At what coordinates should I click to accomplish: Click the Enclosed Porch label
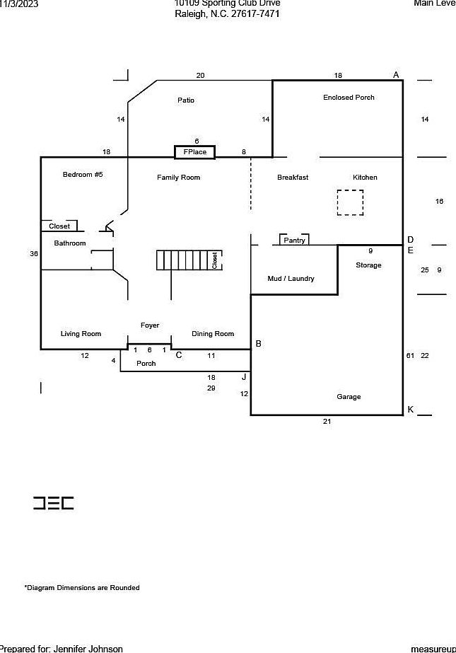pyautogui.click(x=349, y=98)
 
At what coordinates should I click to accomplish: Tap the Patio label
pyautogui.click(x=186, y=100)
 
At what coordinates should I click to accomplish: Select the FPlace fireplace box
pyautogui.click(x=194, y=152)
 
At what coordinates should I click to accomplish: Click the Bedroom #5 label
pyautogui.click(x=83, y=174)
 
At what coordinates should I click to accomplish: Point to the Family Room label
pyautogui.click(x=178, y=178)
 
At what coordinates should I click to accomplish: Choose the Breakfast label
pyautogui.click(x=293, y=178)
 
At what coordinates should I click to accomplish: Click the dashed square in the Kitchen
pyautogui.click(x=349, y=202)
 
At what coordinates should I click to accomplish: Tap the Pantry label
pyautogui.click(x=294, y=241)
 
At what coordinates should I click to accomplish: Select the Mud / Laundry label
pyautogui.click(x=291, y=279)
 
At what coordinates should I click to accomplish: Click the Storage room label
pyautogui.click(x=368, y=265)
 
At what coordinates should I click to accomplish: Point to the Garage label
pyautogui.click(x=349, y=397)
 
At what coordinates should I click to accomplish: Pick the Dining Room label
pyautogui.click(x=213, y=334)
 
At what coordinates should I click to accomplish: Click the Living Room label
pyautogui.click(x=81, y=334)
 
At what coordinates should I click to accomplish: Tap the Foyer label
pyautogui.click(x=150, y=325)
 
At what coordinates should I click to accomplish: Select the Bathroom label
pyautogui.click(x=70, y=243)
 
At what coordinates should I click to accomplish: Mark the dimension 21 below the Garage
pyautogui.click(x=327, y=422)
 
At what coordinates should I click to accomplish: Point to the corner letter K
pyautogui.click(x=410, y=409)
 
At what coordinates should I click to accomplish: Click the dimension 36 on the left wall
pyautogui.click(x=34, y=253)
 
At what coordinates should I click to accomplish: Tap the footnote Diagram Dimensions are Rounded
pyautogui.click(x=82, y=588)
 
